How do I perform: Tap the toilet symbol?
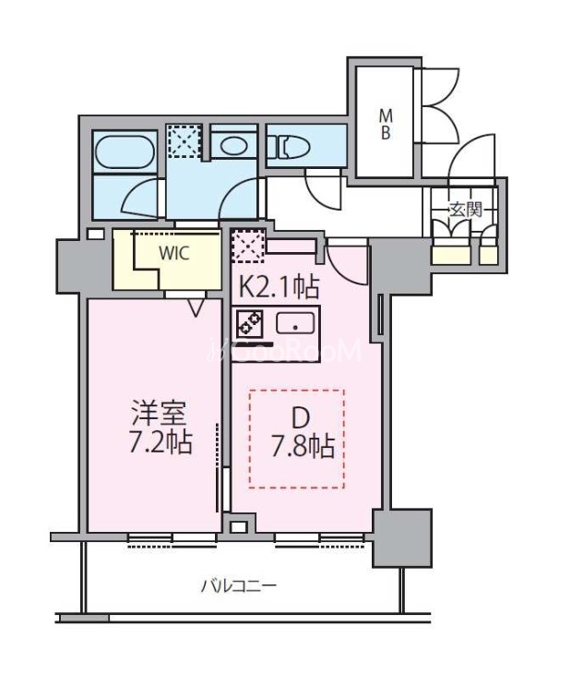[289, 146]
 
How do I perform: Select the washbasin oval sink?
[233, 146]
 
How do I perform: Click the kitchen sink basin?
[295, 323]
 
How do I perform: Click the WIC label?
[175, 253]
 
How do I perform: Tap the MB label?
[386, 125]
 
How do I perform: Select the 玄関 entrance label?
[466, 209]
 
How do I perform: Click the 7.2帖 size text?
[161, 443]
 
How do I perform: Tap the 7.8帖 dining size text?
[303, 447]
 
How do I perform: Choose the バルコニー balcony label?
[238, 585]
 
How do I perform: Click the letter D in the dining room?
[301, 418]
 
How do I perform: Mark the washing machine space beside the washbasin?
[184, 141]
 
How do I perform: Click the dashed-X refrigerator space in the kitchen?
[247, 246]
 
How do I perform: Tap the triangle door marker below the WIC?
[196, 307]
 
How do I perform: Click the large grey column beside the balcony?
[402, 538]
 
